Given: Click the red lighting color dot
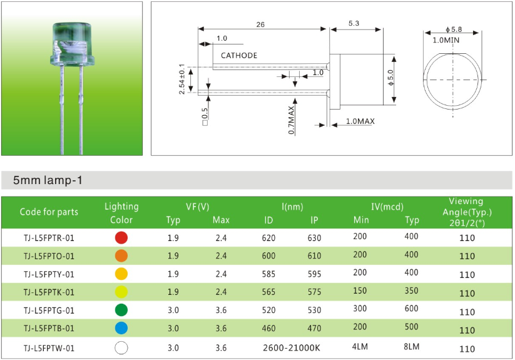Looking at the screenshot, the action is (121, 237).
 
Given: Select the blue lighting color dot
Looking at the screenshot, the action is (121, 328).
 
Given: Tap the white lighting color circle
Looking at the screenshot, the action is (121, 347).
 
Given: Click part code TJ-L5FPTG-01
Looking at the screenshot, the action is (49, 310).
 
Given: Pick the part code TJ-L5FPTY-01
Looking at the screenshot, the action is (49, 274).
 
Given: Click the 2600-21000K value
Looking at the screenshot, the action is (292, 347).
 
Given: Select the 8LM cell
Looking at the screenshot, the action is (411, 346).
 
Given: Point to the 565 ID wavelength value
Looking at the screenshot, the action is (268, 292).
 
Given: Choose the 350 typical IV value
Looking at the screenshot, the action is (411, 291).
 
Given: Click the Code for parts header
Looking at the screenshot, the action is (49, 212).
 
